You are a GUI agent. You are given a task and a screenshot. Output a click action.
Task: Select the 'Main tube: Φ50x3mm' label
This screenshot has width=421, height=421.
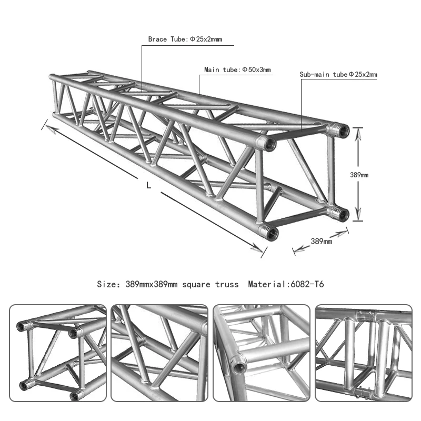(237, 69)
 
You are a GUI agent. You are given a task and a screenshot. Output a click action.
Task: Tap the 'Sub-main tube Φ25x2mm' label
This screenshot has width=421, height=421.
(338, 75)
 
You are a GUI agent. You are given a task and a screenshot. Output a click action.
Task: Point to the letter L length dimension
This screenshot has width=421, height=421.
(149, 185)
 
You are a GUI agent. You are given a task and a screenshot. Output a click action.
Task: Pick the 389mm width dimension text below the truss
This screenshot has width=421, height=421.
(321, 241)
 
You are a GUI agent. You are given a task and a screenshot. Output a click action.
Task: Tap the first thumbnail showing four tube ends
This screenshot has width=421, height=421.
(57, 353)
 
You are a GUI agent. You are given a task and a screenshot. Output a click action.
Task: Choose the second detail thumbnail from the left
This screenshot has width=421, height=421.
(159, 353)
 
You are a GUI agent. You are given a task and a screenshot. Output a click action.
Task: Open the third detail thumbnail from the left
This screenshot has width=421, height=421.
(262, 353)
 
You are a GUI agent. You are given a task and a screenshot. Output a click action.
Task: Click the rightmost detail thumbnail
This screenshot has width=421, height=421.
(363, 353)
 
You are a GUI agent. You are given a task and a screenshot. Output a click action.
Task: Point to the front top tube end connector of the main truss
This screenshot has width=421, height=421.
(269, 143)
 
